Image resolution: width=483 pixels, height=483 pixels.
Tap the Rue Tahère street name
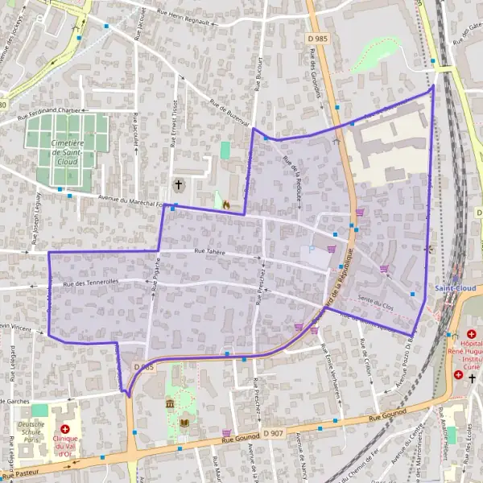click(x=209, y=252)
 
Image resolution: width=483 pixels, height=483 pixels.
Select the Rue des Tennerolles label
click(x=90, y=282)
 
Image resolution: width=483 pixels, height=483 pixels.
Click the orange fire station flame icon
click(x=226, y=204)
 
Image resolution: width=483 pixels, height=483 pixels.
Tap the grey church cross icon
click(x=178, y=186)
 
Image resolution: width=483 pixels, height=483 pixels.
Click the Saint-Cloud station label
click(x=455, y=287)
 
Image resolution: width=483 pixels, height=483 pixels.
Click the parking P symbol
click(x=312, y=250)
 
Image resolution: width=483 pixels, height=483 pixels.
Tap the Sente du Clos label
click(x=374, y=299)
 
